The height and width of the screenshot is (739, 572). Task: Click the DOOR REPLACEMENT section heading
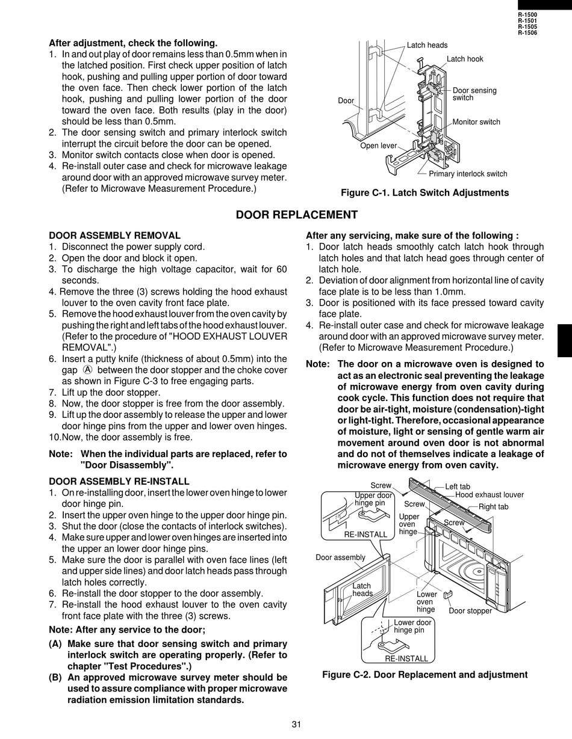pyautogui.click(x=297, y=215)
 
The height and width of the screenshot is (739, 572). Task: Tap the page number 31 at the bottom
pyautogui.click(x=296, y=725)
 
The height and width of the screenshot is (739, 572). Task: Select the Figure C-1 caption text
pyautogui.click(x=425, y=193)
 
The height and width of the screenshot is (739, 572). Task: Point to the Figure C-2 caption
pyautogui.click(x=425, y=675)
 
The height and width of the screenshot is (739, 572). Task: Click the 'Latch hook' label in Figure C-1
pyautogui.click(x=465, y=59)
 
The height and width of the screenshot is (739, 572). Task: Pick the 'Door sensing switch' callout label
pyautogui.click(x=474, y=94)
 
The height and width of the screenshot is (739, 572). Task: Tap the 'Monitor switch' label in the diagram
pyautogui.click(x=476, y=121)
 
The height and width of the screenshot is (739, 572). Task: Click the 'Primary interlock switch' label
pyautogui.click(x=468, y=174)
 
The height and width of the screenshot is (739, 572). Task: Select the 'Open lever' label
pyautogui.click(x=379, y=146)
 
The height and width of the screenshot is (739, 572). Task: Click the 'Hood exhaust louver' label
pyautogui.click(x=490, y=495)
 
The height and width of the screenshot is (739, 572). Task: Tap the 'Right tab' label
pyautogui.click(x=493, y=507)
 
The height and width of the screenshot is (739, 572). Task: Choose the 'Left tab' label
pyautogui.click(x=458, y=486)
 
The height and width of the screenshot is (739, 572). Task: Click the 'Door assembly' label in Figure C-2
pyautogui.click(x=340, y=557)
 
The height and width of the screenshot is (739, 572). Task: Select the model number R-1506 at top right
pyautogui.click(x=527, y=33)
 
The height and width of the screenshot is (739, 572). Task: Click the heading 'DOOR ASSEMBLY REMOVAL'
pyautogui.click(x=115, y=236)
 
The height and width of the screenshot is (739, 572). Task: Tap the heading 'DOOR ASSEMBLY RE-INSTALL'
pyautogui.click(x=119, y=482)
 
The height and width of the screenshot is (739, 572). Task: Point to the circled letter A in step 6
pyautogui.click(x=87, y=370)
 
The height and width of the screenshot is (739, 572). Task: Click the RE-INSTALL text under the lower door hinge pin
pyautogui.click(x=406, y=659)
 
